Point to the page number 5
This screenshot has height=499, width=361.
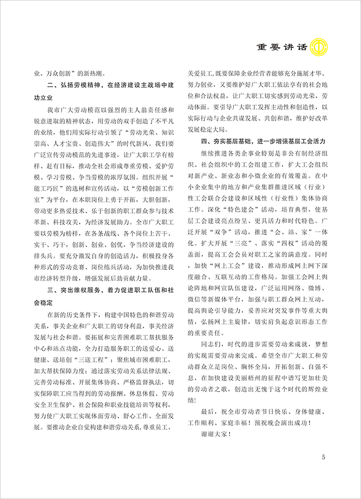tap(323, 457)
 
